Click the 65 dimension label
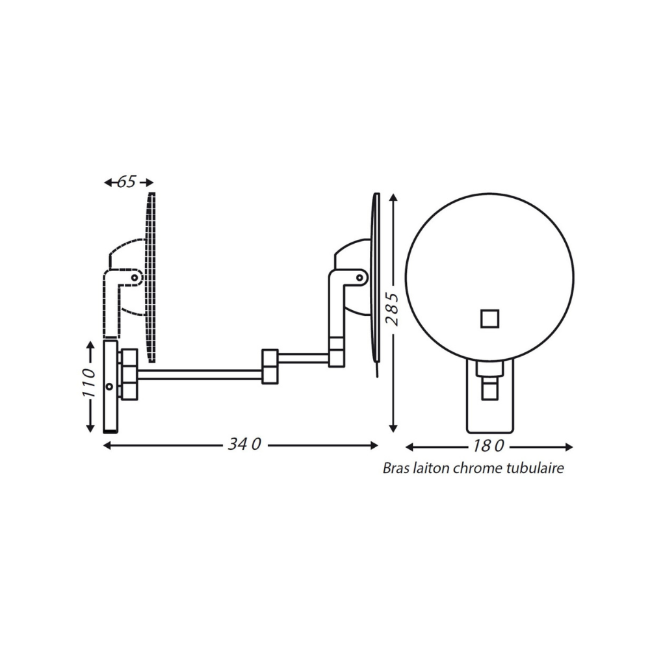[x=127, y=181]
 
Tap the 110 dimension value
[x=89, y=383]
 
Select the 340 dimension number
[x=244, y=445]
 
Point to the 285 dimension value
[x=392, y=309]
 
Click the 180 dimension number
[x=488, y=446]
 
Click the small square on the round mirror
[x=489, y=318]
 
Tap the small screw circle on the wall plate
[x=109, y=386]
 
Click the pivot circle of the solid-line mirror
[x=360, y=278]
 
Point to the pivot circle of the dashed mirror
[x=135, y=278]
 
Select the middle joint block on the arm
[x=270, y=367]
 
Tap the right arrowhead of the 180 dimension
[x=569, y=447]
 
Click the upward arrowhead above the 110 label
[x=90, y=346]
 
